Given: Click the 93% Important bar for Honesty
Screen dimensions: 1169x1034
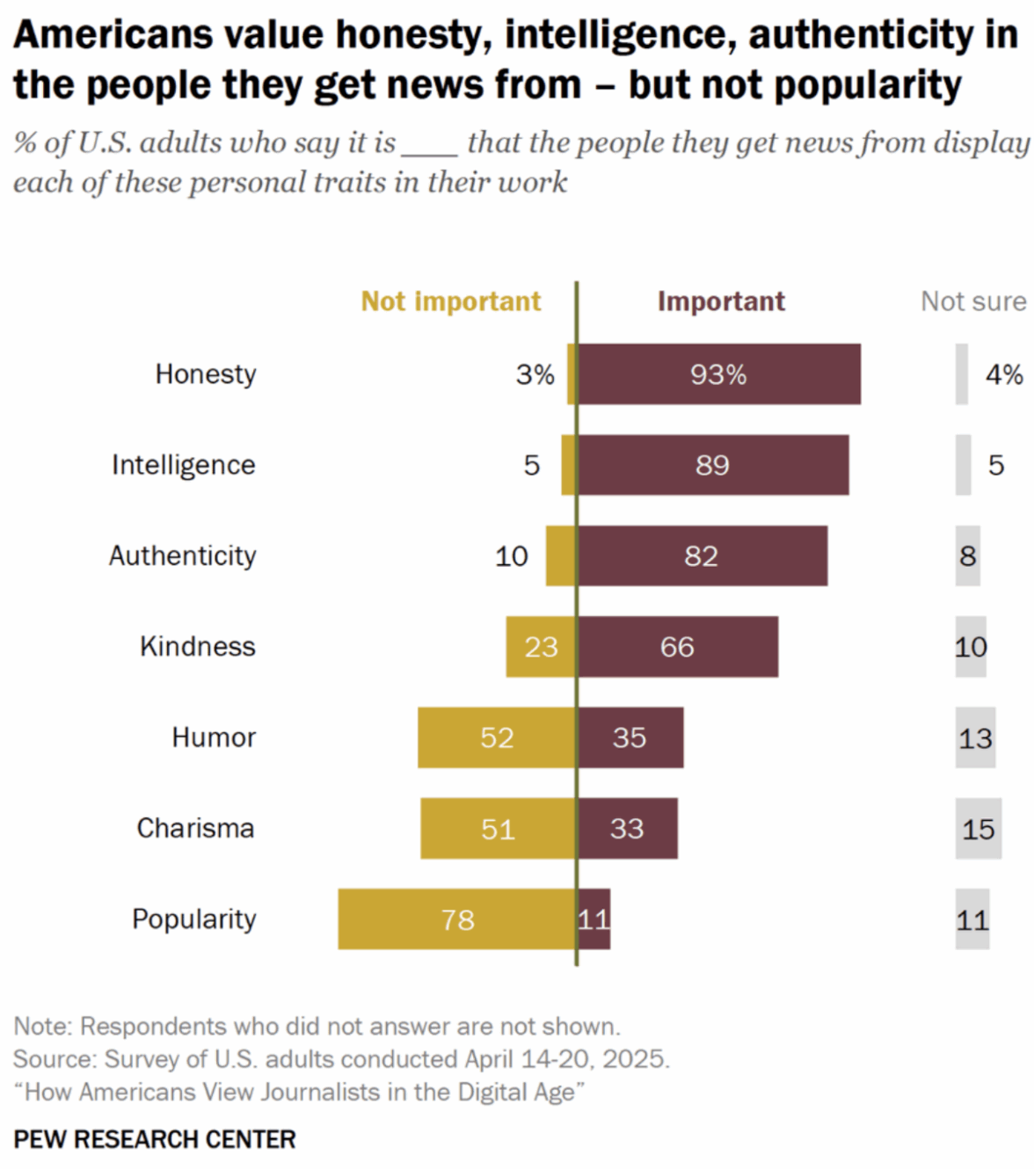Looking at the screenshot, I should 718,374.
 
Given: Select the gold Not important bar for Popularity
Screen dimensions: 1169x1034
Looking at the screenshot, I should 456,919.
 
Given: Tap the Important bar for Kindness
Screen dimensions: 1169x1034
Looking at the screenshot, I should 677,647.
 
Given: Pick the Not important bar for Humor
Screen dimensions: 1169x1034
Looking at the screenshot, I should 497,737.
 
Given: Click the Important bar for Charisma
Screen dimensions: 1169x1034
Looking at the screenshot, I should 627,828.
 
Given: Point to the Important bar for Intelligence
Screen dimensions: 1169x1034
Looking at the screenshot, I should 712,465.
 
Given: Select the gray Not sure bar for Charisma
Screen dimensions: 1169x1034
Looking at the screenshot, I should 978,828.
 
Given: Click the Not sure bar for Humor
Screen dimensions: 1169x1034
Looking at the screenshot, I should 975,737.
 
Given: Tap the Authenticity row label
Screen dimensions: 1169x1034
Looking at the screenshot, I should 182,555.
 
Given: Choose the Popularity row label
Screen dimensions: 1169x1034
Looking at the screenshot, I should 193,918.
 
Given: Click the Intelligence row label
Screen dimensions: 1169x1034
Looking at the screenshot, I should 183,465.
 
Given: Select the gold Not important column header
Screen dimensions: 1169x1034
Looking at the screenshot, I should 450,301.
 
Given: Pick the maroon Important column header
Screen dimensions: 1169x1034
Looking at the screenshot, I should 721,301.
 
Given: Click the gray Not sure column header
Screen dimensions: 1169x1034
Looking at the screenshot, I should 973,301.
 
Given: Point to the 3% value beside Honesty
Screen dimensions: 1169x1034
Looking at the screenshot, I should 535,374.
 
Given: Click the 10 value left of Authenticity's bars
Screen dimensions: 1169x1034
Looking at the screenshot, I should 511,556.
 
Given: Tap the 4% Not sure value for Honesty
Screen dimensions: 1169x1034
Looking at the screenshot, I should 1004,374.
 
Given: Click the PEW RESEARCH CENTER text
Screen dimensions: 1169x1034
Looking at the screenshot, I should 155,1139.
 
